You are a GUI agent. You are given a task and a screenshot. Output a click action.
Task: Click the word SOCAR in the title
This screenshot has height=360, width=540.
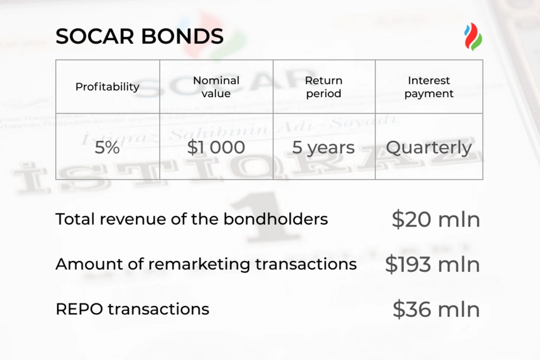(95, 36)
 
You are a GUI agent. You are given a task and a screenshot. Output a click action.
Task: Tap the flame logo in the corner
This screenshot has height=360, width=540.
(473, 36)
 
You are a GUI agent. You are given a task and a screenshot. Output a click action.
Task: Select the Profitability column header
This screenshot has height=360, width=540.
(107, 87)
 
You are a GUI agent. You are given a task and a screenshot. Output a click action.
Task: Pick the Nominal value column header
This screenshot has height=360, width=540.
(216, 87)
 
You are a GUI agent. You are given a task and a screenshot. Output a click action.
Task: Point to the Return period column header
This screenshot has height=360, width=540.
(324, 87)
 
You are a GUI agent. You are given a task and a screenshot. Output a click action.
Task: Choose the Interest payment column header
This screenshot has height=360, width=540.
(429, 87)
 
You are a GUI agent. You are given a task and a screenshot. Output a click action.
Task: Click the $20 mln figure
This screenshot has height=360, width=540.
(436, 219)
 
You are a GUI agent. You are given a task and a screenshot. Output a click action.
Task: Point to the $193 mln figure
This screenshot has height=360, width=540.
(433, 264)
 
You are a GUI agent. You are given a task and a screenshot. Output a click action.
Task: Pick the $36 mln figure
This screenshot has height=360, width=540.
(436, 309)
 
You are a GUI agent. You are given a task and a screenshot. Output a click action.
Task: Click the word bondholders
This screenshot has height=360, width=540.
(276, 219)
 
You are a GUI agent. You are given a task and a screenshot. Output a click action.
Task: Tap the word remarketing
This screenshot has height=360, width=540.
(199, 265)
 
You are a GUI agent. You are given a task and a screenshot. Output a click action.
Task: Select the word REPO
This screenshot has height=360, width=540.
(79, 309)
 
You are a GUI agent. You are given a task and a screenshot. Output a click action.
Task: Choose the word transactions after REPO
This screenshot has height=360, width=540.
(158, 309)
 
